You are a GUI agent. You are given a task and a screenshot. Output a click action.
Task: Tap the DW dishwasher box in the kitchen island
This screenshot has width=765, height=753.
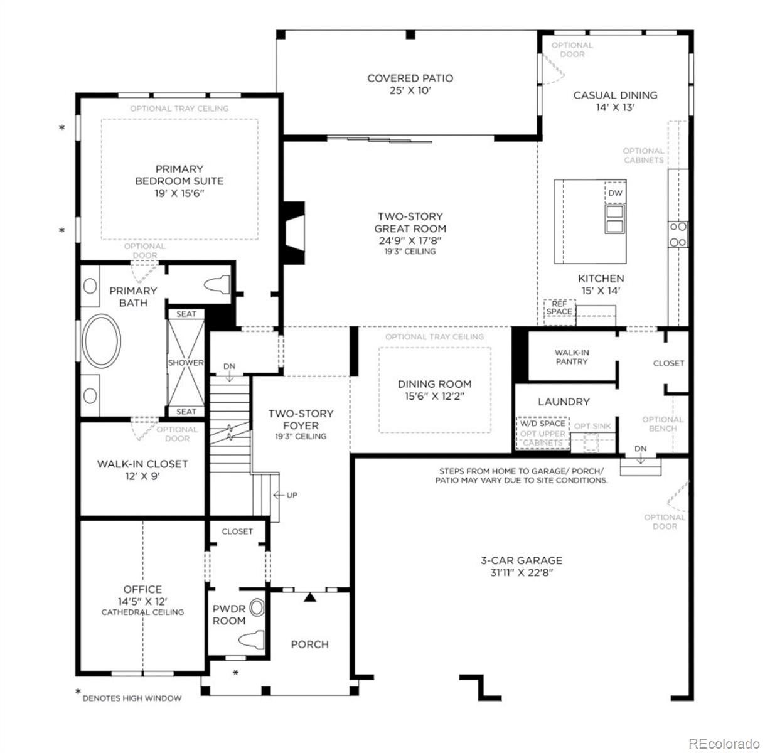click(615, 193)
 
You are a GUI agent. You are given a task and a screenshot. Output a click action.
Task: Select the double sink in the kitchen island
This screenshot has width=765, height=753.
click(614, 219)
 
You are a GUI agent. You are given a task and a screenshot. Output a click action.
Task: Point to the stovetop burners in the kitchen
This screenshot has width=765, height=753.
click(678, 234)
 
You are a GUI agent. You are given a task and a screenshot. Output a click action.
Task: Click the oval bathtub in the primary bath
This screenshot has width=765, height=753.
click(101, 341)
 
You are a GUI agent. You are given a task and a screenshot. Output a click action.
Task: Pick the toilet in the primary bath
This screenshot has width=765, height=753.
click(217, 285)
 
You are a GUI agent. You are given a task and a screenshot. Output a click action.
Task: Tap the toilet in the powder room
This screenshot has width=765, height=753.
click(251, 639)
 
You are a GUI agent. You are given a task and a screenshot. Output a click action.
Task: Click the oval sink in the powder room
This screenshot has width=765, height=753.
click(257, 607)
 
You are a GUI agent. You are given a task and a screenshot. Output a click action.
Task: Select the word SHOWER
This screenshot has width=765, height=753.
click(185, 363)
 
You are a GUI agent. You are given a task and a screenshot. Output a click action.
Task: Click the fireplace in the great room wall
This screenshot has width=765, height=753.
click(294, 233)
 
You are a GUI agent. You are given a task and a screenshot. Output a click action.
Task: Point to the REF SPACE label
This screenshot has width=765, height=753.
click(559, 308)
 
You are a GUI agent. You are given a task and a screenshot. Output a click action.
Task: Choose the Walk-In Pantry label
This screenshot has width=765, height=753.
click(571, 357)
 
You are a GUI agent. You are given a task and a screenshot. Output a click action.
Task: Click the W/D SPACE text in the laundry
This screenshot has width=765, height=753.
click(543, 424)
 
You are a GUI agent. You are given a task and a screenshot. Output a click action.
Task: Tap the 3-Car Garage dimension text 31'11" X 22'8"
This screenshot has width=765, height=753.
click(522, 572)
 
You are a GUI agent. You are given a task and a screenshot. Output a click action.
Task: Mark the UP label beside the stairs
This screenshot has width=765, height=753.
click(292, 495)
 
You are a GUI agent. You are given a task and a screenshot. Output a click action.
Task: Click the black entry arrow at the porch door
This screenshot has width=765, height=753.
click(310, 597)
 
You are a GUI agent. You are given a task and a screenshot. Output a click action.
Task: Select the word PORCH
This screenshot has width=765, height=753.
click(309, 644)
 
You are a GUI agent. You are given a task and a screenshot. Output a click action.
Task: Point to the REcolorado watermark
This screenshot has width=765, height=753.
click(724, 743)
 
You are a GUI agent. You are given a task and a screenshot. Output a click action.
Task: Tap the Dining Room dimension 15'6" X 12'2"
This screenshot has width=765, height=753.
click(434, 396)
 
